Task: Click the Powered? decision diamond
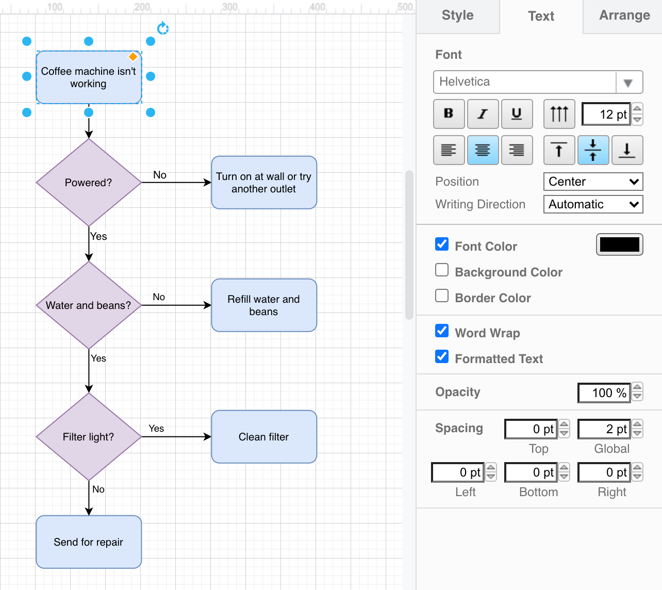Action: (89, 183)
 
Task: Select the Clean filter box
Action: (264, 437)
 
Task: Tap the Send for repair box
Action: (89, 542)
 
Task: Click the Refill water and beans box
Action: (264, 305)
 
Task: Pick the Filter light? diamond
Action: (89, 437)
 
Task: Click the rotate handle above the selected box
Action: (163, 28)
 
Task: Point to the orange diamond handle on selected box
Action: (133, 57)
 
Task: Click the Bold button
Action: (449, 113)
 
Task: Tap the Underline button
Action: (517, 113)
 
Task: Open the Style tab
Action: (457, 15)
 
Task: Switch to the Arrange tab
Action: (624, 15)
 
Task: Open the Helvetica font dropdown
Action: (538, 82)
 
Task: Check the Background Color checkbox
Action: (442, 270)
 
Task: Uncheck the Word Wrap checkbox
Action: (442, 331)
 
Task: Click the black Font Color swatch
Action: (619, 245)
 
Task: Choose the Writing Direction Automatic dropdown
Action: (593, 204)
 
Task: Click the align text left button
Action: (449, 150)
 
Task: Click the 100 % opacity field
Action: (604, 392)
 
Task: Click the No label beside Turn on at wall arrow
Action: (160, 175)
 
